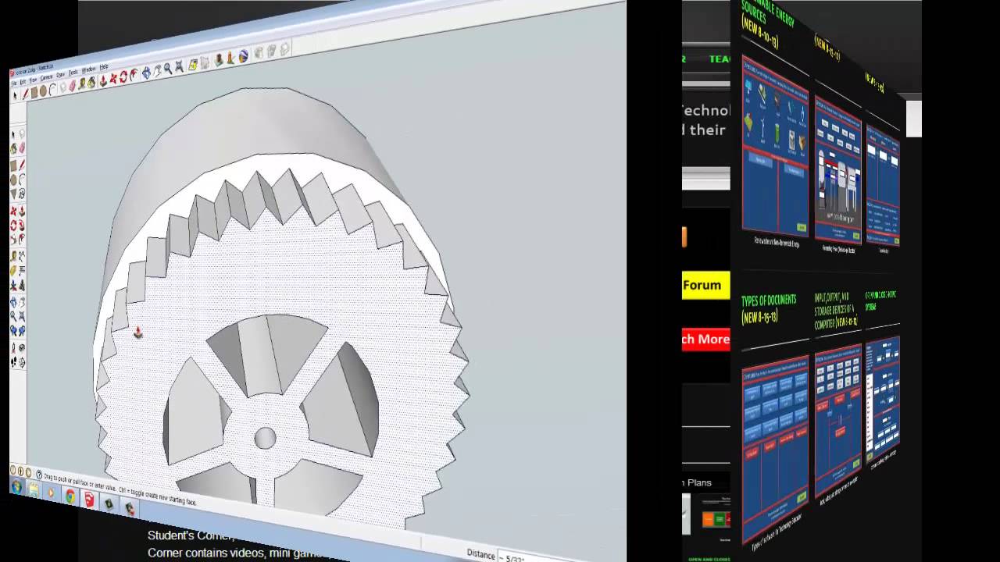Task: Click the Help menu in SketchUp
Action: point(104,67)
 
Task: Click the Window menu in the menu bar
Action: point(88,69)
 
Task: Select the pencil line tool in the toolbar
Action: point(25,94)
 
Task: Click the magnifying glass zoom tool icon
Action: point(167,69)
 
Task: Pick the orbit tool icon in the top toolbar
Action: point(145,73)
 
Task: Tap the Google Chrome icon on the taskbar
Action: point(70,496)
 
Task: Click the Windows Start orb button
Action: point(16,487)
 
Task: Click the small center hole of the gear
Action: point(265,438)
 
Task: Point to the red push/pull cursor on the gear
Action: point(137,333)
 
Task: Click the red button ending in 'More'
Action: point(705,339)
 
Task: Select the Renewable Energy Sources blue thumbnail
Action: point(774,148)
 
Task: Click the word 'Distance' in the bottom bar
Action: point(480,553)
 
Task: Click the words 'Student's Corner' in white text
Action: point(190,535)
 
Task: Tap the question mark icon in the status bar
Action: point(39,475)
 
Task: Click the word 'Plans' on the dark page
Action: point(699,482)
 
